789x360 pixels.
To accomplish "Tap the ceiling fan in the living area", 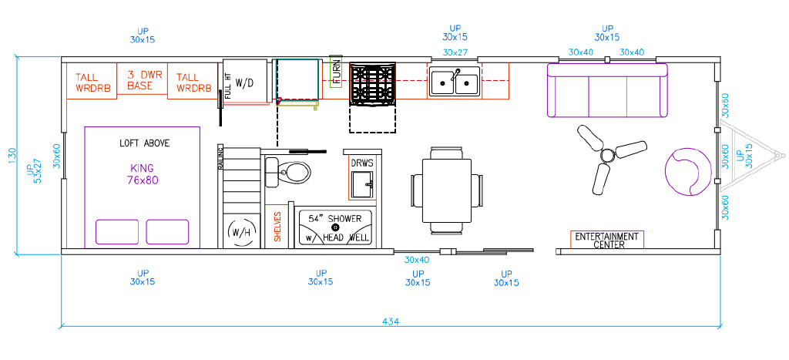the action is pos(608,155).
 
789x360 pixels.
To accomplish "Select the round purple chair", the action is pos(688,171).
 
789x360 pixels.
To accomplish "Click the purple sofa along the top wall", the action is pos(607,90).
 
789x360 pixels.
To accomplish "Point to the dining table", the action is pos(447,191).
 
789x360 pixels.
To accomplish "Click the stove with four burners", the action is pos(373,84).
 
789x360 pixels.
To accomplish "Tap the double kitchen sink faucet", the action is pos(456,75).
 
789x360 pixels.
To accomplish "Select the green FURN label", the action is pos(336,71).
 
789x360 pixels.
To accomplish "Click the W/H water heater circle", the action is pos(242,232).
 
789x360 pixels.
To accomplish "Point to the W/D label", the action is pos(244,83).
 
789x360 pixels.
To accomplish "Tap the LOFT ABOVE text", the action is pos(144,143).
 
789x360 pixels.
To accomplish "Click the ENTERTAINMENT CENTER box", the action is pos(607,240).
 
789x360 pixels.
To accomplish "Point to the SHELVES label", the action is pos(277,227).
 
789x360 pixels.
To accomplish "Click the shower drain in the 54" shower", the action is pos(336,227).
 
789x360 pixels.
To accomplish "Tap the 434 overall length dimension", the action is pos(391,321).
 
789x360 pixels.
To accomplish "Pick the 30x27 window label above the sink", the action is pos(455,52).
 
